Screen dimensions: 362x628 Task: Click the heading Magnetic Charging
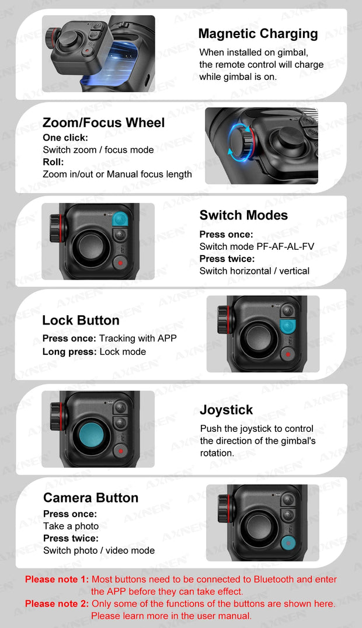coord(258,34)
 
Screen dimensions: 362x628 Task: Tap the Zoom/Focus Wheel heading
coord(103,123)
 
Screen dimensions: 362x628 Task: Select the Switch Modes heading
coord(243,215)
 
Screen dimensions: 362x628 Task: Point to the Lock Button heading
coord(81,320)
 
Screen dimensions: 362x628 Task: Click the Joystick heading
coord(227,410)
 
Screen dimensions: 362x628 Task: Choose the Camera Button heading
coord(90,498)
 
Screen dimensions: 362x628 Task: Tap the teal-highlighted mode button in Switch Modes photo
coord(120,219)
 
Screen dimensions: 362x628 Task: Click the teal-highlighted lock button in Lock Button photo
coord(287,326)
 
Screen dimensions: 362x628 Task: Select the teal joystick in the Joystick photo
coord(92,434)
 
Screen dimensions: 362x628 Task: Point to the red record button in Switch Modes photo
coord(120,263)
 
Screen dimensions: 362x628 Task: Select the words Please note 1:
coord(57,579)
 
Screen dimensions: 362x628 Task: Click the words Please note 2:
coord(57,603)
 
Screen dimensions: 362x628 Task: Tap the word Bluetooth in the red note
coord(274,579)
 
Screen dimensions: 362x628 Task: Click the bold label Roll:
coord(53,162)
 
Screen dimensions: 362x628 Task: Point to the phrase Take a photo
coord(71,526)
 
